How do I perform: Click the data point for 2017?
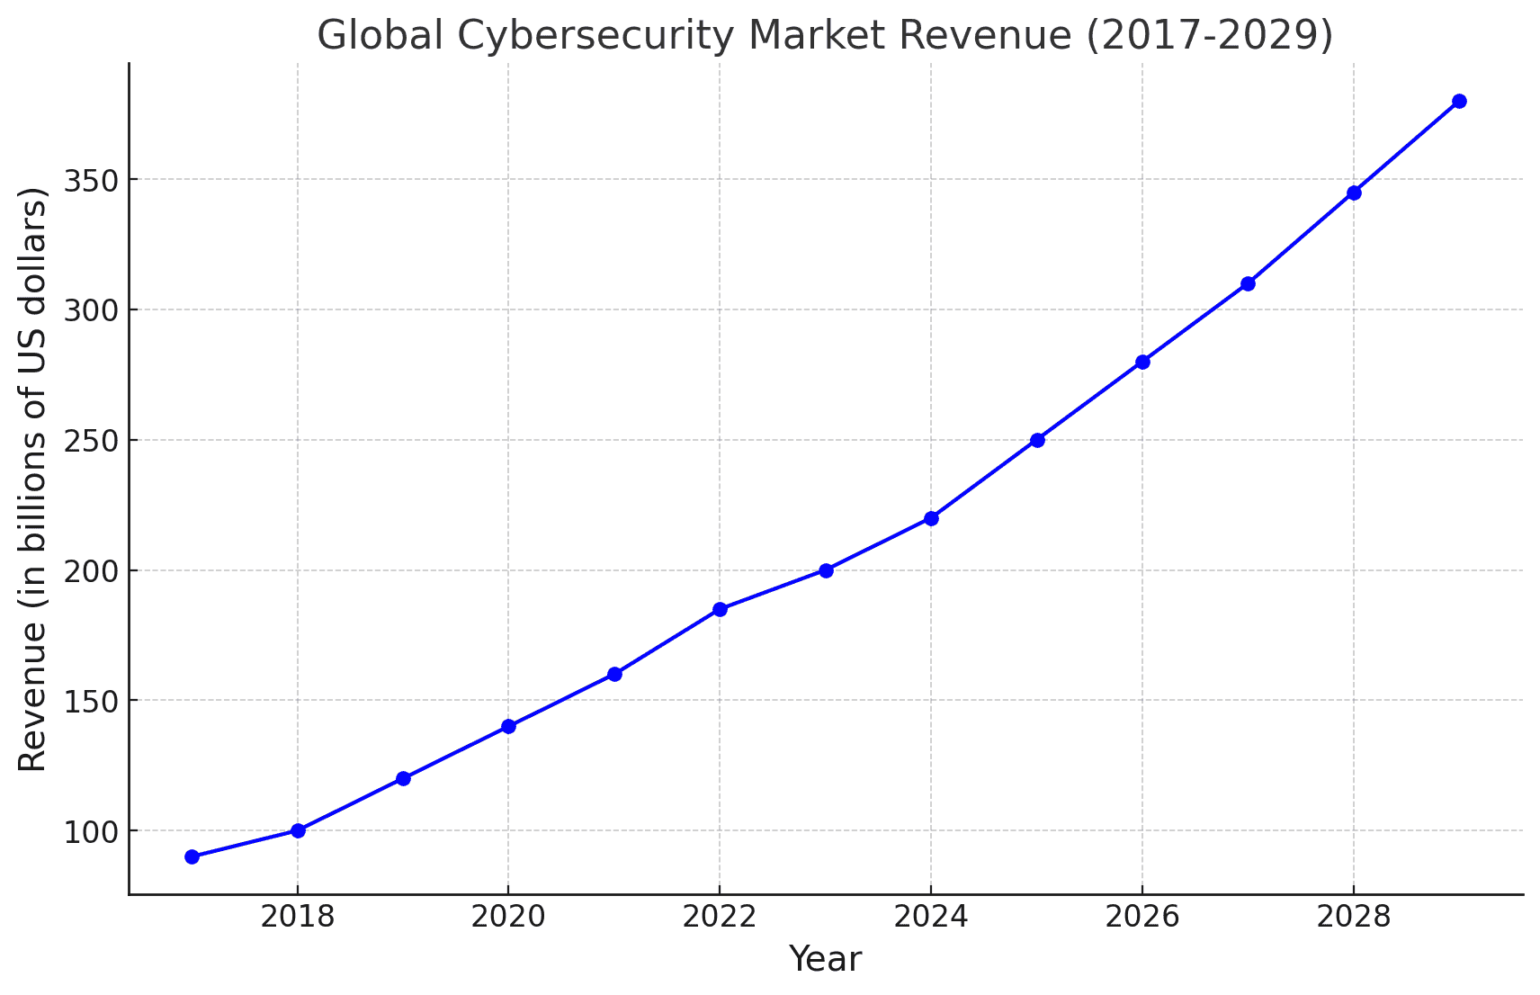[192, 856]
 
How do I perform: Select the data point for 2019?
[403, 778]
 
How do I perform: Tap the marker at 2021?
[614, 674]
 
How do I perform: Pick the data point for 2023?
[826, 570]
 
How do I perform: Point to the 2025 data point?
[1037, 440]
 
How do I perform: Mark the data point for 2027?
[1248, 283]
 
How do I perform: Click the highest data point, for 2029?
[1459, 101]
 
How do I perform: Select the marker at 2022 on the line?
[720, 609]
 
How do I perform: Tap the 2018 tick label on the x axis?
[297, 917]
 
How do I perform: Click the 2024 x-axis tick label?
[931, 917]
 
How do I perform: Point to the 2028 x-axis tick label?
[1353, 917]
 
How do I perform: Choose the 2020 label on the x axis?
[508, 917]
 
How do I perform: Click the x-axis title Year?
[825, 959]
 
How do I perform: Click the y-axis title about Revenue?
[32, 479]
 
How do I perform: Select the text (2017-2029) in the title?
[1209, 36]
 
